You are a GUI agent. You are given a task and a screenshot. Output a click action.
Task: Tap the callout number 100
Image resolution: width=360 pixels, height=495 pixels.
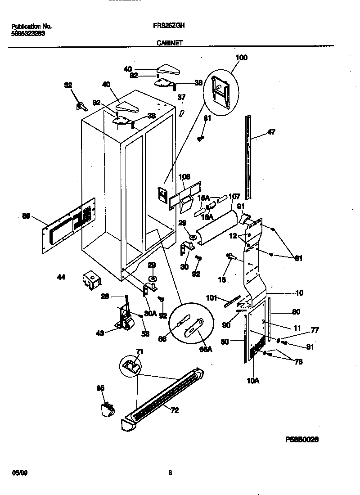[x=242, y=58]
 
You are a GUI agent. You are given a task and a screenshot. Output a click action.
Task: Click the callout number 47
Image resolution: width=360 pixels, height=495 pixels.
[x=271, y=132]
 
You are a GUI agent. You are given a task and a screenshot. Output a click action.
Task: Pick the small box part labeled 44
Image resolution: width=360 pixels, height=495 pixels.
[x=91, y=280]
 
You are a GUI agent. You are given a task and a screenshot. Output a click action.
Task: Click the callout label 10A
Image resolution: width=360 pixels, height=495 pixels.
[x=253, y=380]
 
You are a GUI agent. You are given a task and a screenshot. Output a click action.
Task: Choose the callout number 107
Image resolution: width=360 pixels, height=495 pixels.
[x=234, y=196]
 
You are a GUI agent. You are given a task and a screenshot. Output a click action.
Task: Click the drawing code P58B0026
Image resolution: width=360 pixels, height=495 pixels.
[x=301, y=440]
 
